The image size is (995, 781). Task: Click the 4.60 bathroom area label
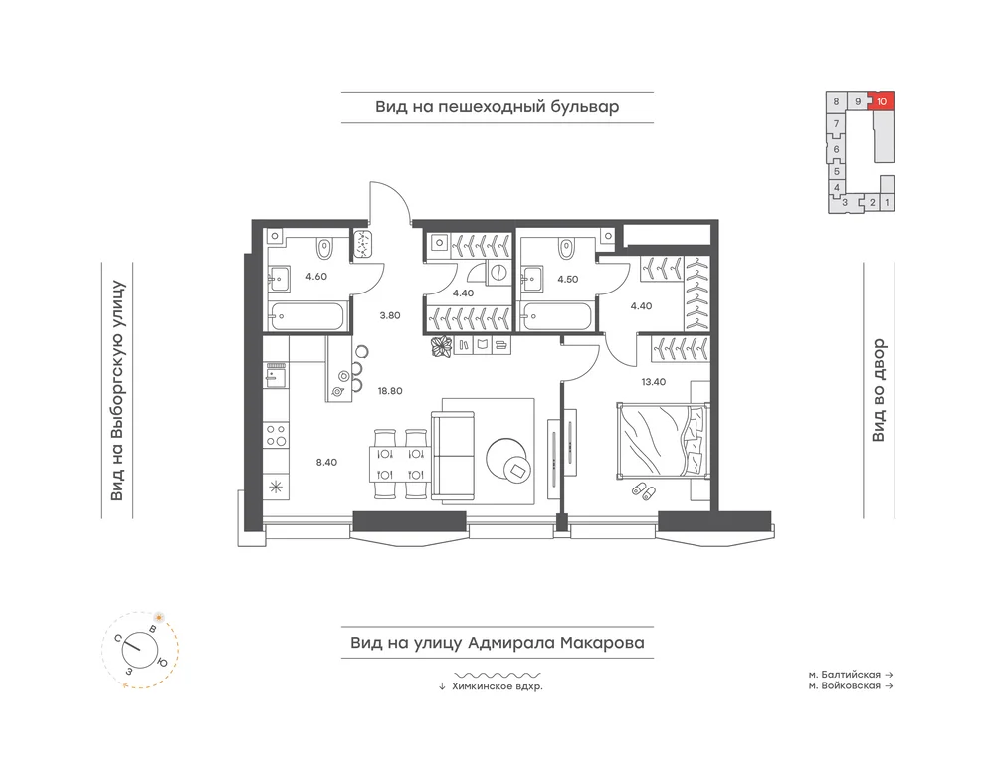[x=316, y=276]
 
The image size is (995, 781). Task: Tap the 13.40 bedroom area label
[x=654, y=382]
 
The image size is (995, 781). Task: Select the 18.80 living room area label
[x=390, y=391]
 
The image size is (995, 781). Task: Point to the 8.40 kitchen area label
[x=326, y=462]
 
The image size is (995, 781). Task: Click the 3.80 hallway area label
[x=390, y=315]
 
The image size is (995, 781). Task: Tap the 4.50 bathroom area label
[x=568, y=279]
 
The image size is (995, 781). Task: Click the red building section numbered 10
[x=882, y=100]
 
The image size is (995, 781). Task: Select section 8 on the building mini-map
[x=837, y=101]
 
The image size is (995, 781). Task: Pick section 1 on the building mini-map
[x=887, y=203]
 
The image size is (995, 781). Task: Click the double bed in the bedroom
[x=662, y=439]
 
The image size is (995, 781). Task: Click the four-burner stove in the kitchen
[x=276, y=435]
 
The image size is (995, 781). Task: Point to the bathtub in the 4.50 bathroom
[x=556, y=316]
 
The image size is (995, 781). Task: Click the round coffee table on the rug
[x=507, y=459]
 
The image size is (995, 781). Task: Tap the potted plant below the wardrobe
[x=441, y=347]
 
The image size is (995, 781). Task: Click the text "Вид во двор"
[x=879, y=391]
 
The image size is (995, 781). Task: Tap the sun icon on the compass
[x=159, y=617]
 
